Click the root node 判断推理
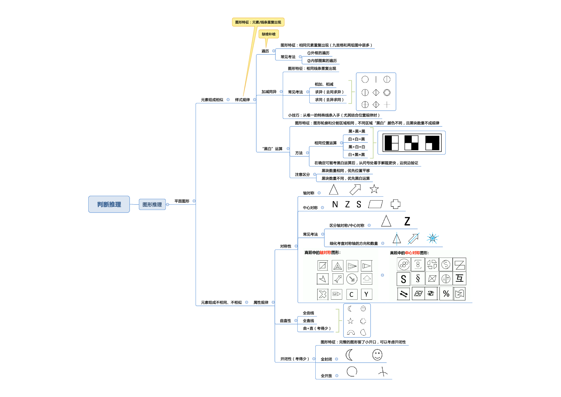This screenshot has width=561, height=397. click(109, 204)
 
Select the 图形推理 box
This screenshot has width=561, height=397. click(152, 205)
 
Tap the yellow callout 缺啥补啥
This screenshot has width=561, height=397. click(269, 34)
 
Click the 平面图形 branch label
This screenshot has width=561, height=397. click(182, 201)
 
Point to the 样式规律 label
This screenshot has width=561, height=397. click(242, 100)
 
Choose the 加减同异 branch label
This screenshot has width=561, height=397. click(269, 92)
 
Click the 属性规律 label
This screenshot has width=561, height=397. click(261, 303)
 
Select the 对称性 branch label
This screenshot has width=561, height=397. click(286, 246)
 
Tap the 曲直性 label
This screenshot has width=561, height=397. click(285, 320)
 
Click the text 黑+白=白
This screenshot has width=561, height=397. click(356, 147)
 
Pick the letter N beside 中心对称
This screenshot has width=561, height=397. click(335, 204)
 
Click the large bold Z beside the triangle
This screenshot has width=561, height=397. click(407, 221)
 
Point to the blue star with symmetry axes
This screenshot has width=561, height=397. click(432, 238)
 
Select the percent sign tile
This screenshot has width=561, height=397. click(446, 294)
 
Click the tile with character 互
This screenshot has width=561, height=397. click(460, 278)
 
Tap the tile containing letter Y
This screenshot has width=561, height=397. click(366, 294)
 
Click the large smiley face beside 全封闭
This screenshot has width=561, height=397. click(377, 355)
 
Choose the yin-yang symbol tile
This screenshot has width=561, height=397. click(446, 264)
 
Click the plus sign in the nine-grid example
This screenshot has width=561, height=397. click(387, 105)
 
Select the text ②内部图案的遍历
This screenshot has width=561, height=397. click(322, 61)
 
